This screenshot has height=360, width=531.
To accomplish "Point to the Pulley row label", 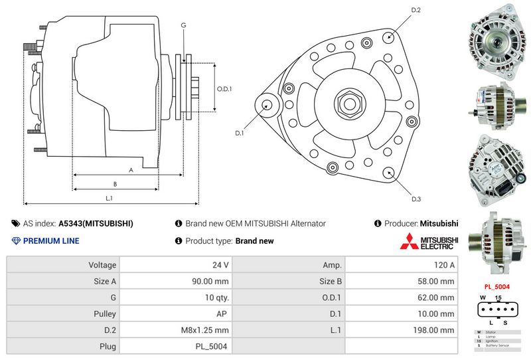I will tap(105, 314).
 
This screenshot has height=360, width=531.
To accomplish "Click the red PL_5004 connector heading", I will tap(496, 287).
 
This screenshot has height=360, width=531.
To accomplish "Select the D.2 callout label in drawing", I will tap(416, 11).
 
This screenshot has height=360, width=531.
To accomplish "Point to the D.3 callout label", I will tap(416, 199).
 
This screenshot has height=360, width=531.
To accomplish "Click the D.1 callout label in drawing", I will tap(240, 133).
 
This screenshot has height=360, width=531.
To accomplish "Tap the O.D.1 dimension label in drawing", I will tap(224, 90).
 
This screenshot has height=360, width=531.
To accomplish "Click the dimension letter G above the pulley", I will tap(183, 25).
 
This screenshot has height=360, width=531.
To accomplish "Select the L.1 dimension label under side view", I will tap(109, 198).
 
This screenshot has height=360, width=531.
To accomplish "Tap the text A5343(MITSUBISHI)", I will tap(96, 224).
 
